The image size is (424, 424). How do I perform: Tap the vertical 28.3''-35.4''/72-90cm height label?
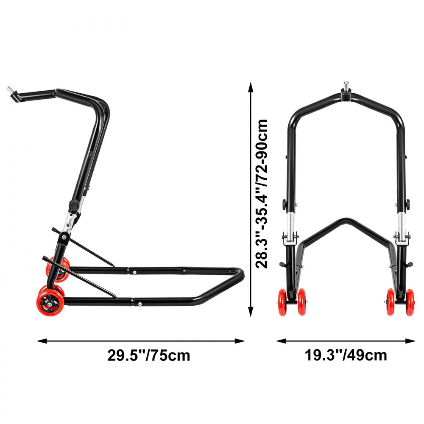262,193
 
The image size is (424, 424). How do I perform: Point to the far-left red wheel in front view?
282,302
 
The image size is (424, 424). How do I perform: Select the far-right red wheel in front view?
410,302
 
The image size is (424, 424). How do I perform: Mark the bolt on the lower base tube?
139,304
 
